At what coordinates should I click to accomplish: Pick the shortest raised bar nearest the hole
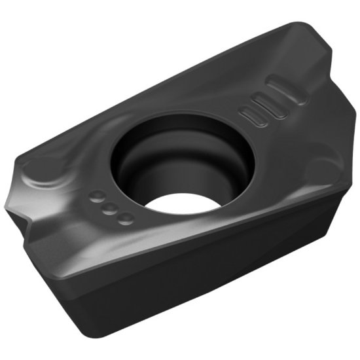[x=254, y=117]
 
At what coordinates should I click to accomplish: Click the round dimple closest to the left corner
[x=96, y=196]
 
